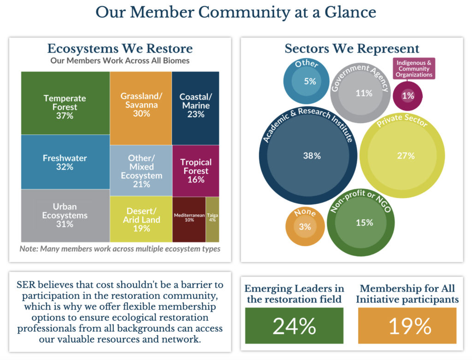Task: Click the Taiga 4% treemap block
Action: click(x=212, y=219)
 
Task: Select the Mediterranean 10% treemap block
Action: click(x=189, y=219)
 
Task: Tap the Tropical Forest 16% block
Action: click(x=195, y=171)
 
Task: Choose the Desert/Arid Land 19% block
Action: click(x=141, y=219)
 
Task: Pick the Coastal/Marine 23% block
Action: click(x=195, y=105)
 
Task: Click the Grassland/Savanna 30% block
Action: click(x=141, y=105)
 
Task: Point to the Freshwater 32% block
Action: click(x=65, y=162)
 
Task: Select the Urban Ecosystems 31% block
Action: click(x=65, y=215)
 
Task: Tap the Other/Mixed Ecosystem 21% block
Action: click(x=141, y=171)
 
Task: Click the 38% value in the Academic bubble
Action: click(x=312, y=156)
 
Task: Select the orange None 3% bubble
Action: click(x=304, y=227)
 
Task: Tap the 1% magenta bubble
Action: click(x=408, y=96)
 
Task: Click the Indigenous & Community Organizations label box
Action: click(x=414, y=68)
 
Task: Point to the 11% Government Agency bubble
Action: click(x=364, y=93)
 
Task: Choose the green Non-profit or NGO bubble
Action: click(x=364, y=223)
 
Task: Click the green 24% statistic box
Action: click(x=294, y=326)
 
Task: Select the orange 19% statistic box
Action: click(x=407, y=326)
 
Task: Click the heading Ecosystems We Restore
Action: click(x=120, y=49)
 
